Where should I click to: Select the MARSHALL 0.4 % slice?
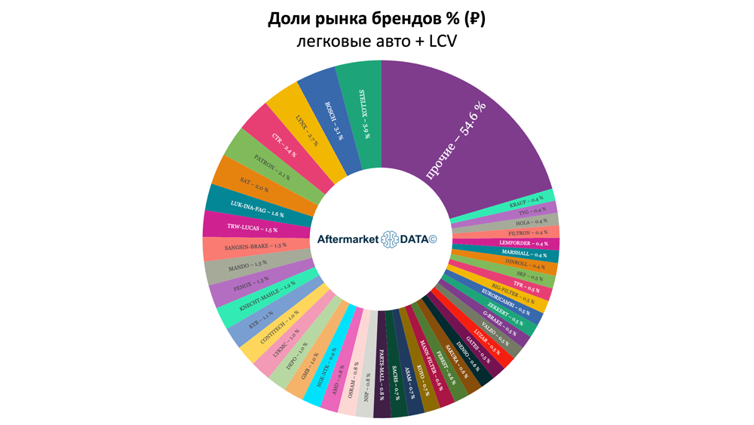coord(530,255)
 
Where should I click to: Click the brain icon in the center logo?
coord(394,239)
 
